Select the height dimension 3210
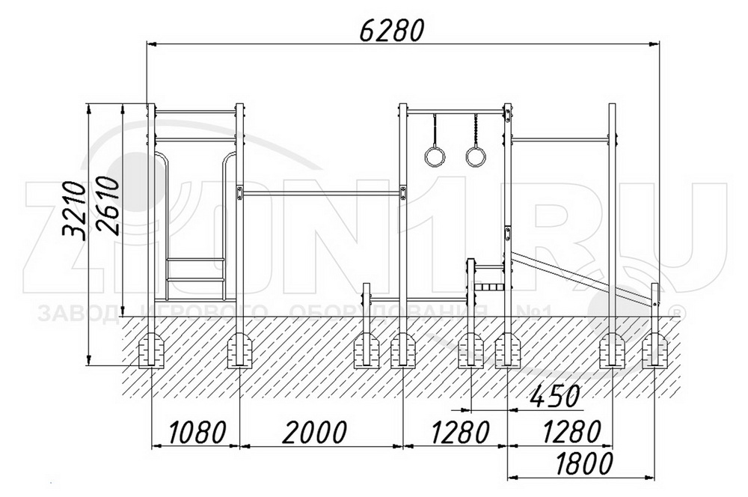(x=74, y=209)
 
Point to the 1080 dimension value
(x=197, y=432)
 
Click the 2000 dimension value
(x=314, y=432)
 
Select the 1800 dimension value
(x=583, y=463)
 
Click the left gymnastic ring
(x=435, y=156)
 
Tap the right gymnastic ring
(x=476, y=156)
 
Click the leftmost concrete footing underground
(x=152, y=350)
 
